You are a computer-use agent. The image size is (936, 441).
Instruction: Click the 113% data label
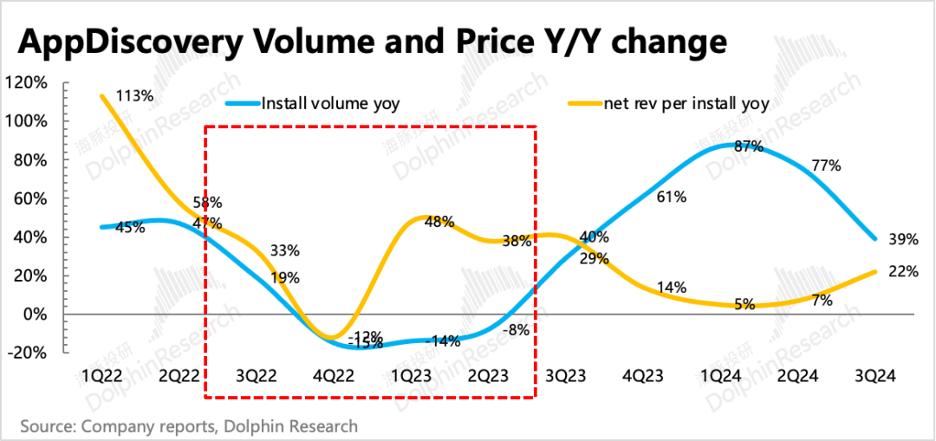[x=136, y=96]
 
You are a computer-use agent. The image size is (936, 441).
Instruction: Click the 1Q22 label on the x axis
[x=101, y=377]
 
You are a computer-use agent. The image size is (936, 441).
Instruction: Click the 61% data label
[x=671, y=197]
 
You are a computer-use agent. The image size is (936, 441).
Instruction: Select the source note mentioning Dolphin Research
[x=189, y=425]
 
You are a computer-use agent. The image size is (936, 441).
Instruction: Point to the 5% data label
[x=743, y=304]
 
